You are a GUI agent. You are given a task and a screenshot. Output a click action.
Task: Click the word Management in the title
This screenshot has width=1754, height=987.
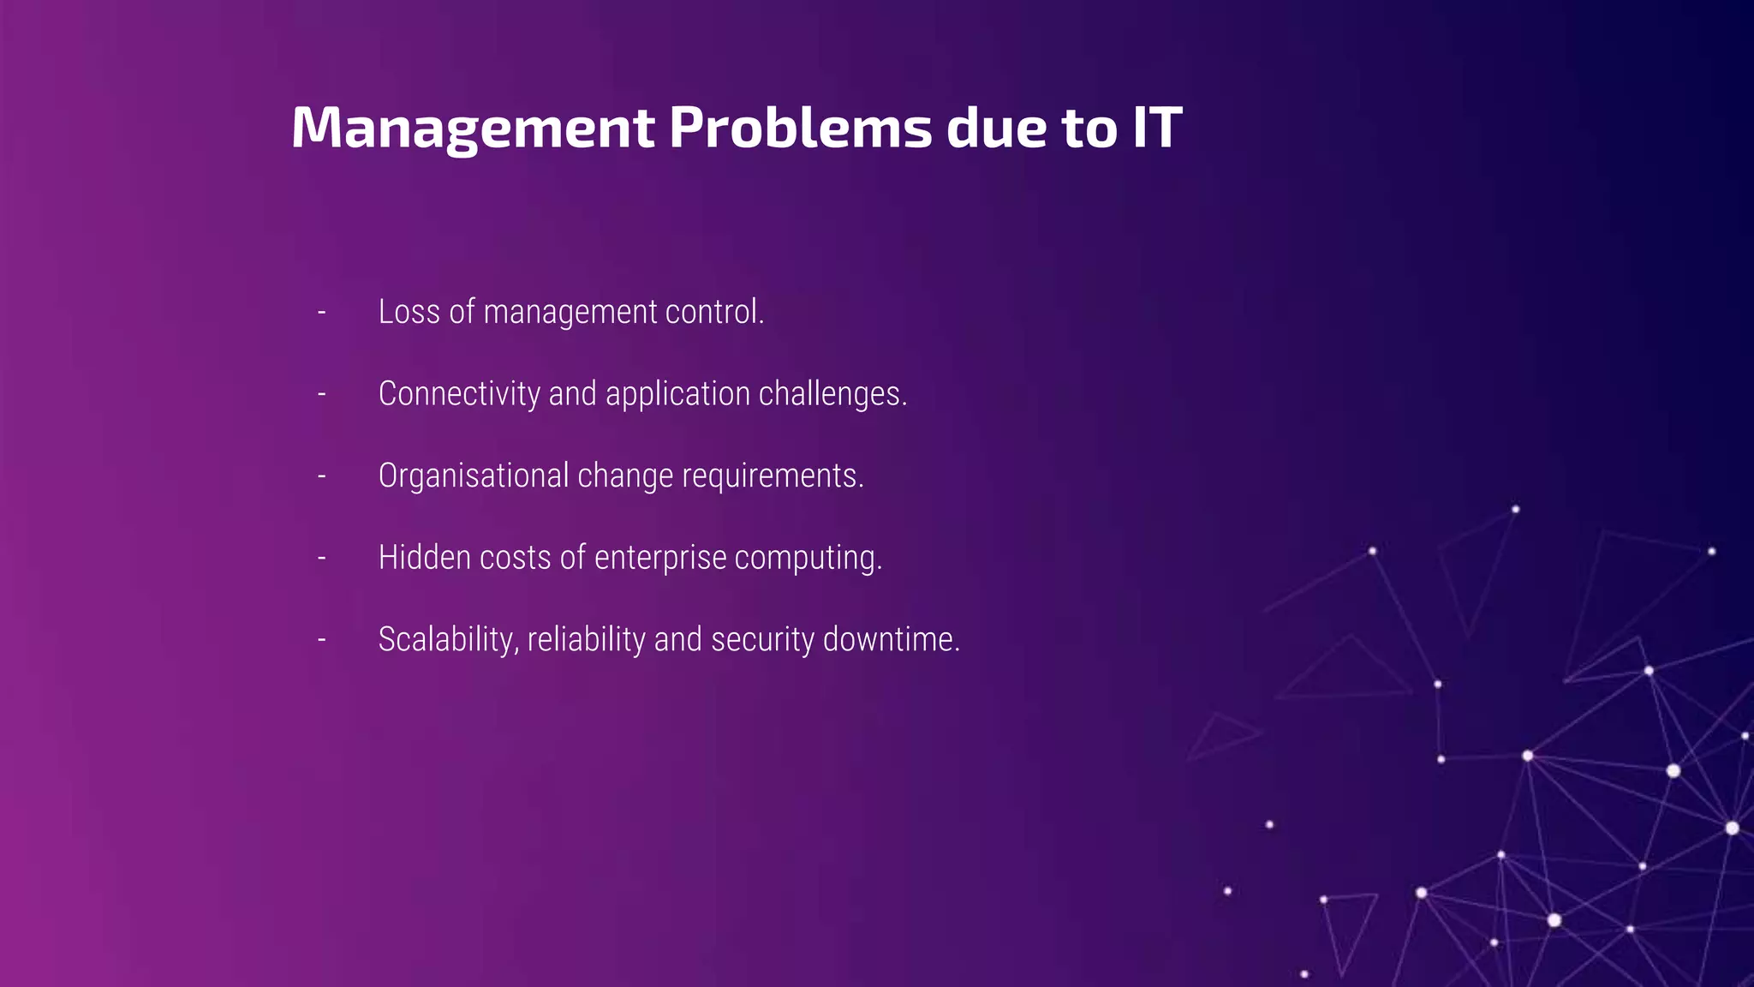coord(473,129)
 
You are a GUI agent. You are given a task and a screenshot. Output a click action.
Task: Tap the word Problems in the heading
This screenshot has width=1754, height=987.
coord(800,129)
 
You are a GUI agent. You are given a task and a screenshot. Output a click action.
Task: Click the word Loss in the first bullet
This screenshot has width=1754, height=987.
coord(409,312)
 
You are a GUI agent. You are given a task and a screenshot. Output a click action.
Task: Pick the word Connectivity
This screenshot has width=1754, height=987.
coord(459,394)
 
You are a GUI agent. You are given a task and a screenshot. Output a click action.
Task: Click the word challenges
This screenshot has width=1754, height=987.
coord(832,394)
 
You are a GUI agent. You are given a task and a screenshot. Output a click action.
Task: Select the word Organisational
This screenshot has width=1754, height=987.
coord(474,476)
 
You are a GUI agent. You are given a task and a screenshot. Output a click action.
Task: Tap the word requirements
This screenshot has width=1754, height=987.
coord(772,476)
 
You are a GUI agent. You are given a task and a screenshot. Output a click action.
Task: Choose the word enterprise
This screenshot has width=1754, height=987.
coord(660,559)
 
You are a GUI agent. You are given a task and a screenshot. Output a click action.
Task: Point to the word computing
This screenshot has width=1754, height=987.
coord(807,559)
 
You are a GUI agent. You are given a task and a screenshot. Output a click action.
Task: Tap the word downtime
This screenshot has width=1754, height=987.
coord(891,639)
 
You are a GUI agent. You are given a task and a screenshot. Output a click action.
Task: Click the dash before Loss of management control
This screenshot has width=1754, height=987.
coord(322,313)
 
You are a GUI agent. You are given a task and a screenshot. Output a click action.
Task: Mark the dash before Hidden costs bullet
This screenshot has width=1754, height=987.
coord(322,559)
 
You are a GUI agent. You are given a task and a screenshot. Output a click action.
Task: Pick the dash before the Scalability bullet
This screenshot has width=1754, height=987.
coord(322,640)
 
